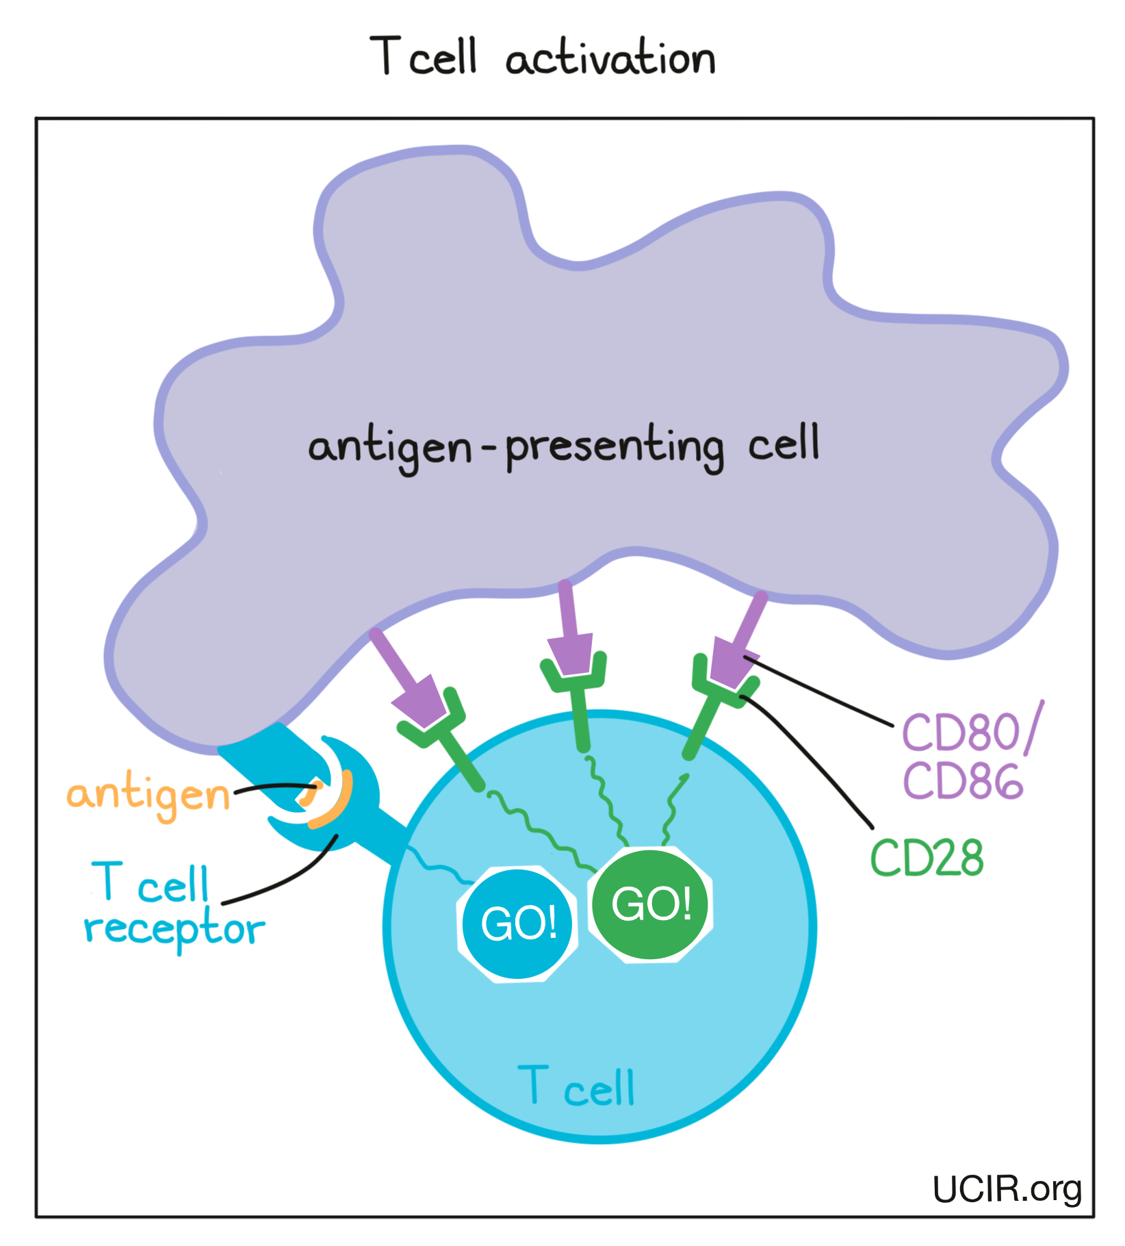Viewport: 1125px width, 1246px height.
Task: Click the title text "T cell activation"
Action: (543, 58)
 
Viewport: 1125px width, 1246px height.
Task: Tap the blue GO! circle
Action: (518, 924)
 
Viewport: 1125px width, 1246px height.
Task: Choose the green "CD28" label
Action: (927, 858)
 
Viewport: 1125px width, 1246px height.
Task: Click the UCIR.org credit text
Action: (1007, 1189)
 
